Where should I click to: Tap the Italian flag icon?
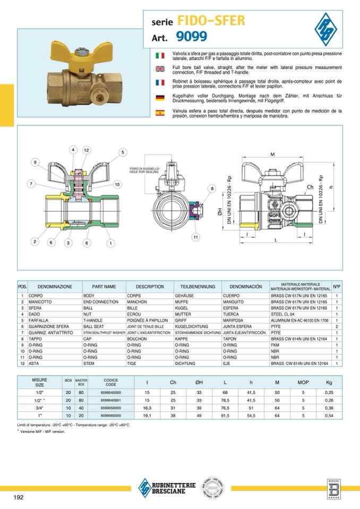[x=160, y=55]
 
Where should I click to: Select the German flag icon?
[x=160, y=97]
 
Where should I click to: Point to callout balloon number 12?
[x=85, y=150]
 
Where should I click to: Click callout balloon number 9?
[x=36, y=162]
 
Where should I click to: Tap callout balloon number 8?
[x=212, y=188]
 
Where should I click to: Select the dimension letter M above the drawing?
[x=272, y=154]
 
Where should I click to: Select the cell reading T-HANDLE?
[x=95, y=321]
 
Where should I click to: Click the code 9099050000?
[x=111, y=407]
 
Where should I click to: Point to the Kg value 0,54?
[x=330, y=416]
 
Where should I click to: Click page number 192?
[x=19, y=497]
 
